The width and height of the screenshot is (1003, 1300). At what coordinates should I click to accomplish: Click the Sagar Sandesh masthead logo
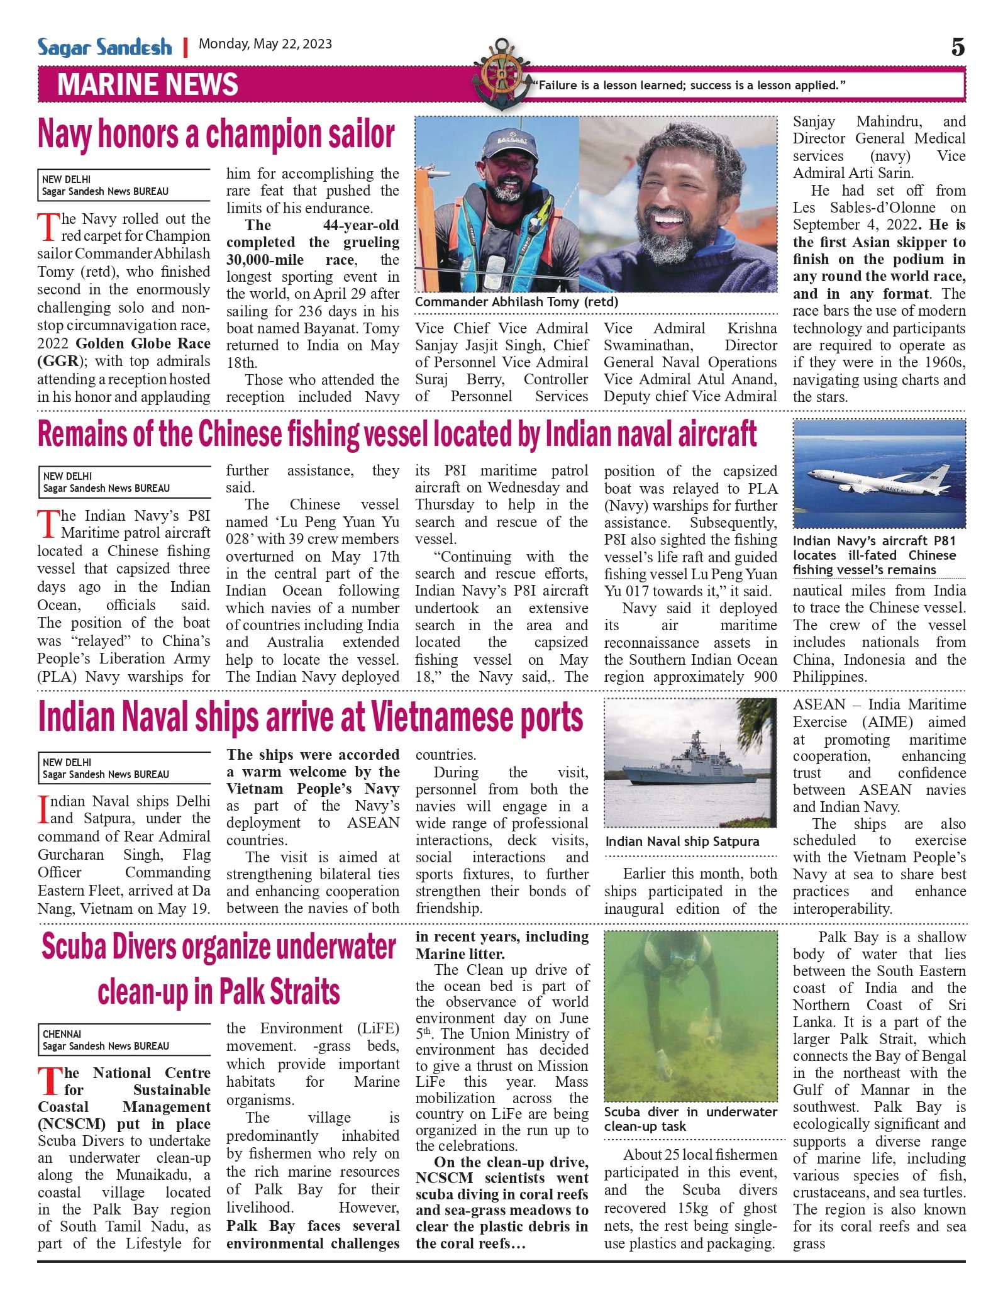(x=104, y=47)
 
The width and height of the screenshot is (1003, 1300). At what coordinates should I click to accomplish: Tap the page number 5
(x=958, y=47)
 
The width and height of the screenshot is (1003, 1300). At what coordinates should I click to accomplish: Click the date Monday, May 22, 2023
(x=265, y=44)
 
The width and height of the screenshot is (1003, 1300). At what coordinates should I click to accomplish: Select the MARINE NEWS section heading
(x=148, y=84)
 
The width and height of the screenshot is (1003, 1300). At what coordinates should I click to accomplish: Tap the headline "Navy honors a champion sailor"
(x=216, y=134)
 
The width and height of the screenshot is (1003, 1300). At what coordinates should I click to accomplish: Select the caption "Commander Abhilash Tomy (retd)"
(x=516, y=302)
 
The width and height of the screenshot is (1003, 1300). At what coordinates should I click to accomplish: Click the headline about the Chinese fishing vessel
(x=397, y=434)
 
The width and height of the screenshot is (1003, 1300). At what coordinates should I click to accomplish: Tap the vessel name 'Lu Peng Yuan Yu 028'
(x=313, y=530)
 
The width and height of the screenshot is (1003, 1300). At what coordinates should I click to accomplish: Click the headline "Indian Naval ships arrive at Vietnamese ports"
(x=311, y=717)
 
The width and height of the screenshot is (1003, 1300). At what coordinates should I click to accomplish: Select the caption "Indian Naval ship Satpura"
(x=682, y=842)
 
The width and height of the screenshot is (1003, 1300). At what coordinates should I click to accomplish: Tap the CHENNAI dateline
(x=62, y=1034)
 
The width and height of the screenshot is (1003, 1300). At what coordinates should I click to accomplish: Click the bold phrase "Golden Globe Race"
(x=143, y=343)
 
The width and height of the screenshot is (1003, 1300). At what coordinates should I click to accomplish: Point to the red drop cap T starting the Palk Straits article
(x=49, y=1081)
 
